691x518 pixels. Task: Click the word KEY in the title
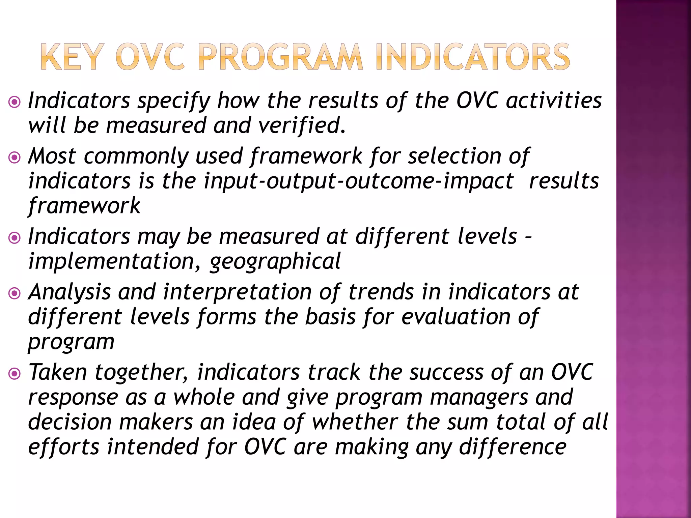[71, 57]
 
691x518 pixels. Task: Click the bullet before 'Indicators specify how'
[15, 102]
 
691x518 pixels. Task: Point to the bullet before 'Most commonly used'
[15, 157]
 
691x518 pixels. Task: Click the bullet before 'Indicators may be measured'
[15, 238]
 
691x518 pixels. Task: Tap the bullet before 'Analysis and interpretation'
[15, 293]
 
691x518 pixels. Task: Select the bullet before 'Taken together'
[15, 374]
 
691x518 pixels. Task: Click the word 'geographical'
[275, 262]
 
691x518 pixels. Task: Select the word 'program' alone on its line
[71, 343]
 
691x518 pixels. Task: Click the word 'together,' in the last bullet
[141, 373]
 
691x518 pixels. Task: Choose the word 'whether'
[355, 422]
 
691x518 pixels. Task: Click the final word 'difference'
[513, 447]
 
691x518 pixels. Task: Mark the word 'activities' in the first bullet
[554, 100]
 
